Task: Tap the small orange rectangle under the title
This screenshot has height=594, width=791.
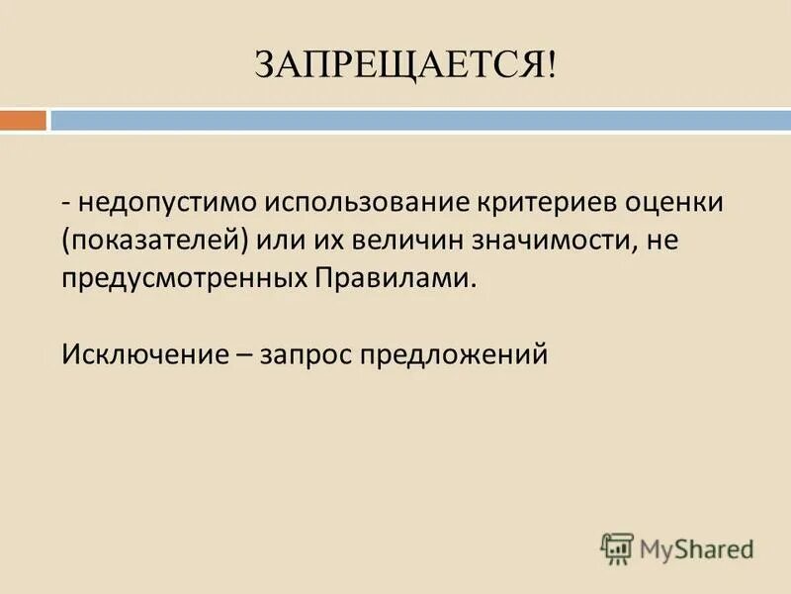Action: click(23, 120)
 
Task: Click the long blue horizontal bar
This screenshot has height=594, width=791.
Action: click(420, 120)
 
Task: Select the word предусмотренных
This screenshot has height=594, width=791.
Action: click(185, 278)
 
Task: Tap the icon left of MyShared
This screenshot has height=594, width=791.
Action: click(617, 548)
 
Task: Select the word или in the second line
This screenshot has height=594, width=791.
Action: click(280, 241)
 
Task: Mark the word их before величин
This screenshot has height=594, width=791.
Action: click(324, 241)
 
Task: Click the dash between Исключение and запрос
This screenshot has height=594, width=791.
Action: click(239, 353)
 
